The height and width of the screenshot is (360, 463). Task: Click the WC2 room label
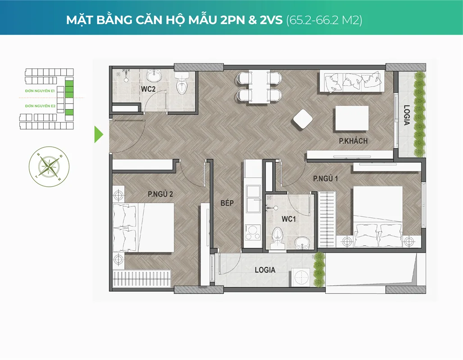point(148,89)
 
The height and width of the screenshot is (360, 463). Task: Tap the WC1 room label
point(288,219)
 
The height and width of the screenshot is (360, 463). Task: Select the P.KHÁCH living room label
point(353,141)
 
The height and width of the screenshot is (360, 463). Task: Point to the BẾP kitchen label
point(227,203)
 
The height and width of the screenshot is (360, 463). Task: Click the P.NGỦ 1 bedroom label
point(325,179)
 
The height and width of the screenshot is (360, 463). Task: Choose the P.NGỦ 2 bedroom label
point(160,194)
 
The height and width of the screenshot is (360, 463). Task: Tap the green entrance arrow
point(98,135)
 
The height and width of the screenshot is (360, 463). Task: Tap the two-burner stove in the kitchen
point(252,234)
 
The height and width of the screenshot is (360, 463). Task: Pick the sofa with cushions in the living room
point(351,82)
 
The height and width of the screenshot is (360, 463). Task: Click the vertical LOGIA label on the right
point(407,116)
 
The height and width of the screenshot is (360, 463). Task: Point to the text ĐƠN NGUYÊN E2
point(40,106)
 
